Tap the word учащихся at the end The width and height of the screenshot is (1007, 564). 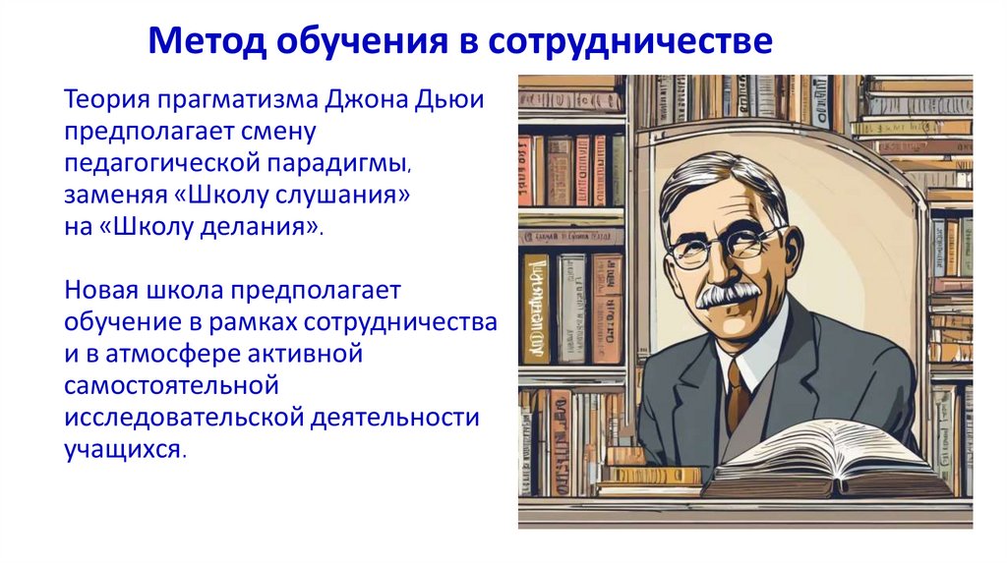point(122,448)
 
